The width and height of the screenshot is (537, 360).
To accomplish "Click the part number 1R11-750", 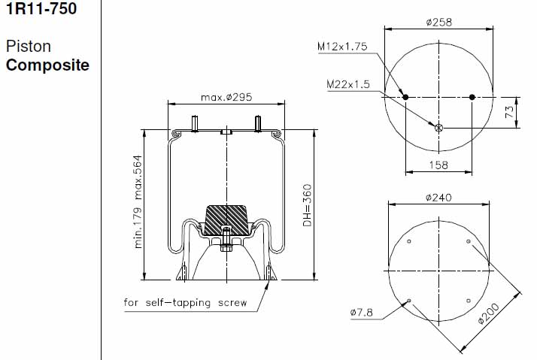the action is [41, 8].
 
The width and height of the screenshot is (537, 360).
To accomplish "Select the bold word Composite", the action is [47, 65].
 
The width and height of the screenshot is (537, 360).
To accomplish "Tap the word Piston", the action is [29, 46].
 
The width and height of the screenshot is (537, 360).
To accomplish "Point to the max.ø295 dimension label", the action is [226, 97].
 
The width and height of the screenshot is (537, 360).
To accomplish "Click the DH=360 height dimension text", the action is [308, 205].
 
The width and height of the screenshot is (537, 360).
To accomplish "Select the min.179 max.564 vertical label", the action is [138, 202].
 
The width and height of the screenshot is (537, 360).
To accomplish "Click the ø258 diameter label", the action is [439, 23].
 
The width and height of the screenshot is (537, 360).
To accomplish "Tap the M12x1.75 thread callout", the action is [342, 46].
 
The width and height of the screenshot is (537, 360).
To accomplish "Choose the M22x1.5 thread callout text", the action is [348, 84].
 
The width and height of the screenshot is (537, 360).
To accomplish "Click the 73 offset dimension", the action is [510, 112].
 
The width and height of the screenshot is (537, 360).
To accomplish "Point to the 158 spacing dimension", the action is [438, 165].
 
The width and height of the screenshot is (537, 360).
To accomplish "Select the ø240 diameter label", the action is [438, 198].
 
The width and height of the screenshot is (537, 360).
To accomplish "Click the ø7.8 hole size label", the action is [361, 313].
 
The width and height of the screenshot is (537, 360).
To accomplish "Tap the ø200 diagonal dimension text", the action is [489, 313].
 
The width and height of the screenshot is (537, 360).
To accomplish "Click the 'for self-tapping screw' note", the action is [185, 303].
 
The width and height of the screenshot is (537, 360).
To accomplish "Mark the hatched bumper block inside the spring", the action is [226, 220].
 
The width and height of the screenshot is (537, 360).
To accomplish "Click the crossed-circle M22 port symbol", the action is [438, 128].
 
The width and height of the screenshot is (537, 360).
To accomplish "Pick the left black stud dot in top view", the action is [405, 97].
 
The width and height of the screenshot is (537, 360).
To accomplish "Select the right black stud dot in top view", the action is [472, 97].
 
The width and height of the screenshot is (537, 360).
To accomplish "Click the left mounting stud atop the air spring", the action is [195, 124].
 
